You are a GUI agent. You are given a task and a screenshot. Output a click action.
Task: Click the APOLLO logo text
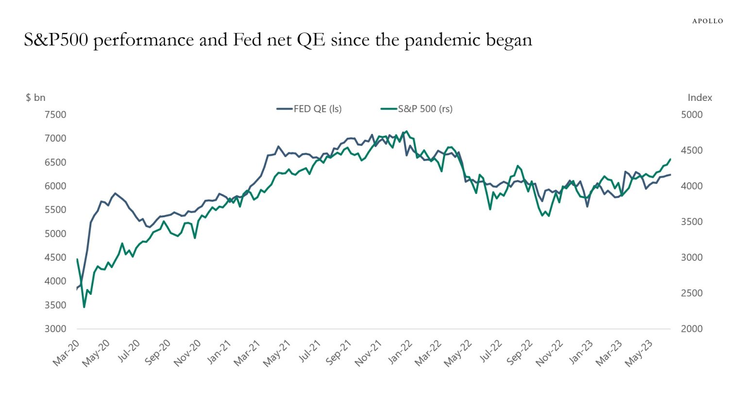(707, 21)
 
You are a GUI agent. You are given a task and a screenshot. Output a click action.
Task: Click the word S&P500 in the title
(56, 40)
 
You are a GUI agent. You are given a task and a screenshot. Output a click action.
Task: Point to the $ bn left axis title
(35, 97)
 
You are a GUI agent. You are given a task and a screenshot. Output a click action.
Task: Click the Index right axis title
(699, 97)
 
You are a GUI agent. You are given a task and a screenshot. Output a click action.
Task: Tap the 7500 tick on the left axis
(55, 115)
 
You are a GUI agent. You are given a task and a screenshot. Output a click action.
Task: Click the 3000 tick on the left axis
(55, 329)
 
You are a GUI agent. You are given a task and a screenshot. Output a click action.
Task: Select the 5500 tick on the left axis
(55, 210)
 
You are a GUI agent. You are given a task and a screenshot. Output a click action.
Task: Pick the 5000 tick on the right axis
(692, 115)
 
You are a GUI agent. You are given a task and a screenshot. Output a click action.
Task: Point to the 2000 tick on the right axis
(692, 329)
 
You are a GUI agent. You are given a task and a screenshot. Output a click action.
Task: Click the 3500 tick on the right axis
(692, 222)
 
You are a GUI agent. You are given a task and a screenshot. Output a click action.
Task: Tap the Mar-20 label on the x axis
(66, 353)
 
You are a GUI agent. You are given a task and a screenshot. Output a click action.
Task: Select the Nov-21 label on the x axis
(368, 353)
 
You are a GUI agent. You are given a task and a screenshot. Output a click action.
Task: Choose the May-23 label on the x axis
(639, 353)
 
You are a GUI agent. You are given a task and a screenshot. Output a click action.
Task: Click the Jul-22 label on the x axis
(490, 351)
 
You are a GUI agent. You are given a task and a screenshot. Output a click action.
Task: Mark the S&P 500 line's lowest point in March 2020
(84, 307)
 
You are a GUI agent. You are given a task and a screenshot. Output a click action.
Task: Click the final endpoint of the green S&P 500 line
(670, 159)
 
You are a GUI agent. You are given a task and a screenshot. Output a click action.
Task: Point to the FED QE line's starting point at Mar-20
(77, 289)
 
